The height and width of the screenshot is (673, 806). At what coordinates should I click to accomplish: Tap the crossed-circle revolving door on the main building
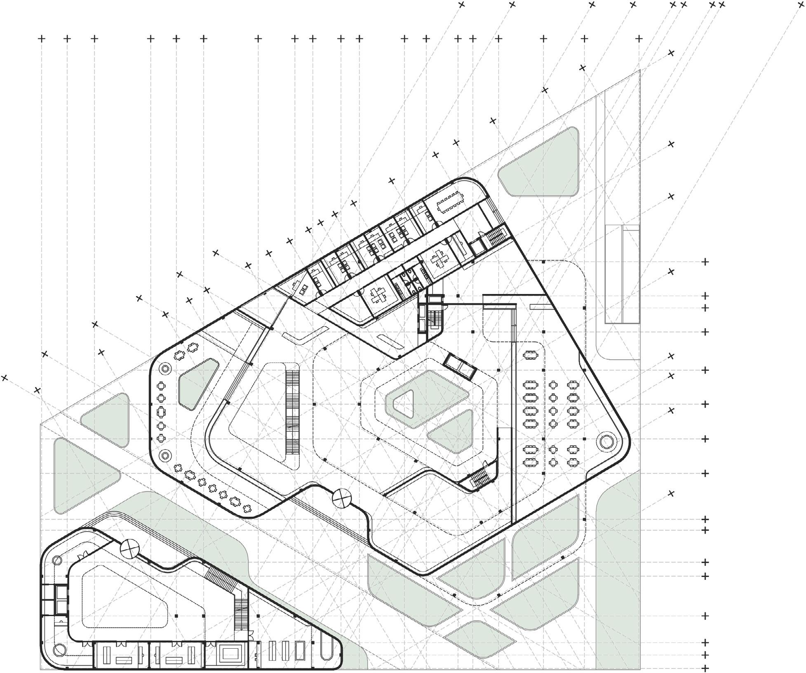coord(341,499)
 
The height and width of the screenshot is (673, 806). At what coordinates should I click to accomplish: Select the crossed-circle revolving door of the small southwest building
coord(130,549)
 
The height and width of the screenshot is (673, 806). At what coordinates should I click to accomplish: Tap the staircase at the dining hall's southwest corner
coord(480,479)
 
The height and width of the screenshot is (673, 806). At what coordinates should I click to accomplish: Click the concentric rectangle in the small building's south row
coord(227,654)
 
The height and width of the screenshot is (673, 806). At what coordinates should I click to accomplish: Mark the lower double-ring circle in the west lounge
coord(166,456)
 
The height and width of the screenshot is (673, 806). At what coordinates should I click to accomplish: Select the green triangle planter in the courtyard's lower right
coord(454,433)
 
